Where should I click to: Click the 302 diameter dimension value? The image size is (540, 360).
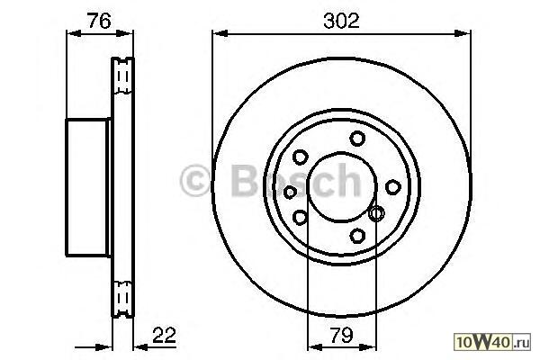[x=342, y=21]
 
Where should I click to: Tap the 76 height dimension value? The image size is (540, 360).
[x=99, y=21]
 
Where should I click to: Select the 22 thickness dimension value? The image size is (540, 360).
[x=164, y=335]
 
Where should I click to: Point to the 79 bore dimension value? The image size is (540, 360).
[x=341, y=335]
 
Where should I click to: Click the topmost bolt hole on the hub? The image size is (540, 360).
[x=357, y=139]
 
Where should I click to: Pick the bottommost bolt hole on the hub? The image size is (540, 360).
[x=357, y=236]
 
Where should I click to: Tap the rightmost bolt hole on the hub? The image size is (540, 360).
[x=392, y=187]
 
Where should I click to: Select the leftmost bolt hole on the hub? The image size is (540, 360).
[x=290, y=192]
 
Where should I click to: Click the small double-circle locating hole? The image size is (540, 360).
[x=376, y=213]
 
